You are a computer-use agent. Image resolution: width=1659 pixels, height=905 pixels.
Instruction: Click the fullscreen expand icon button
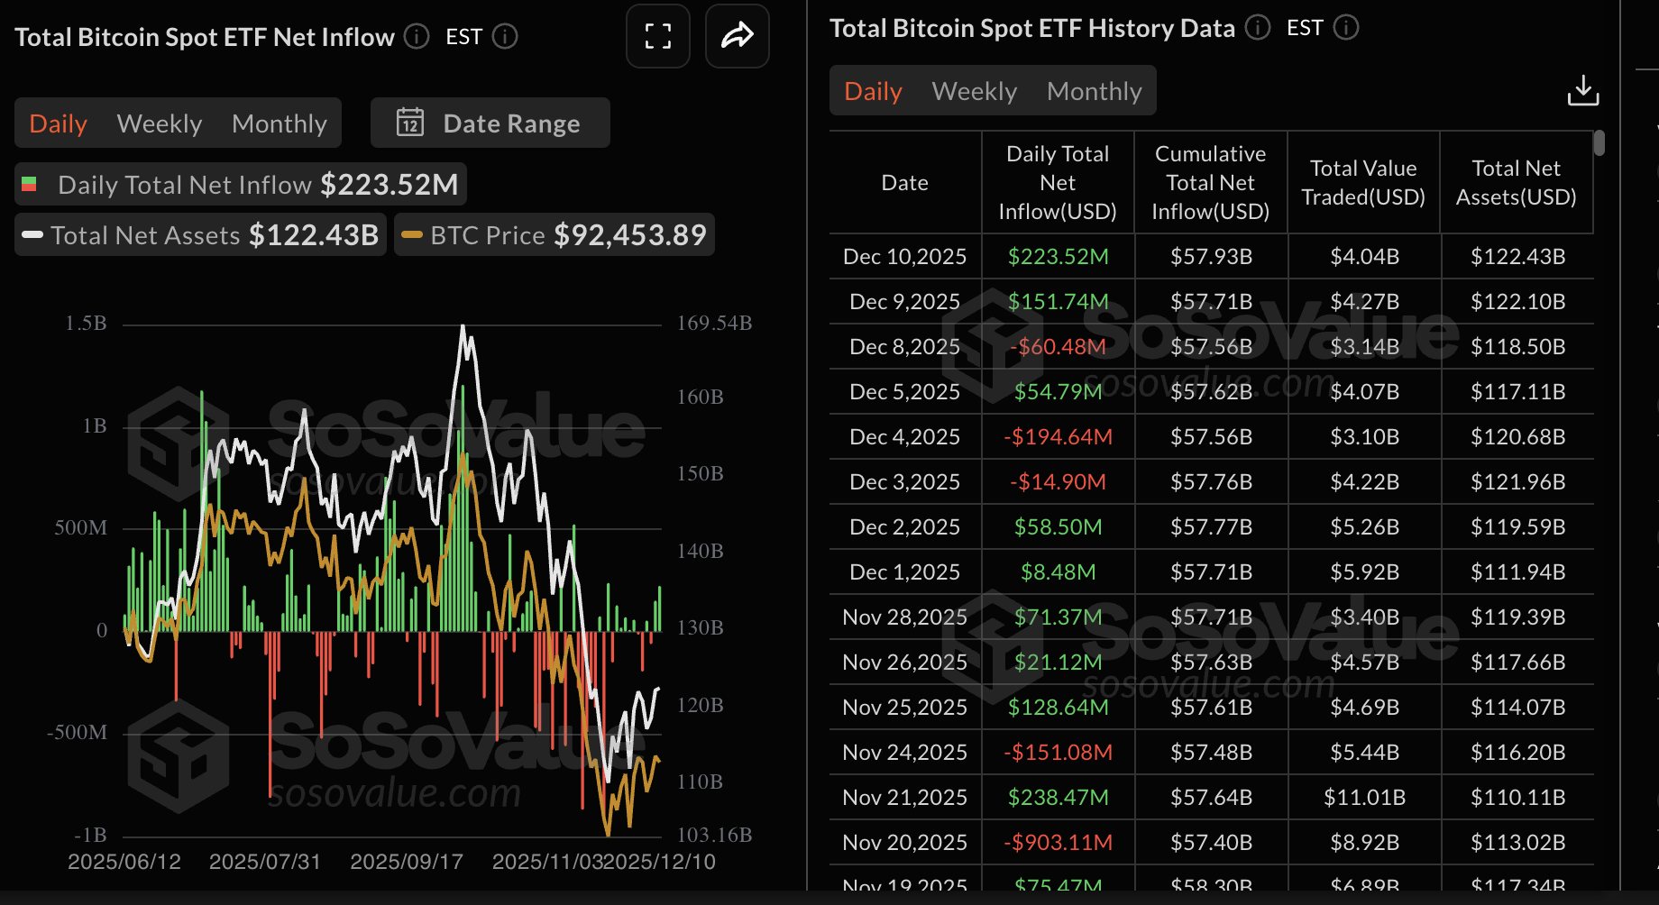(658, 36)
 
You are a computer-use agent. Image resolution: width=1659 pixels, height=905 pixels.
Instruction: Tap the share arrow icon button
(737, 36)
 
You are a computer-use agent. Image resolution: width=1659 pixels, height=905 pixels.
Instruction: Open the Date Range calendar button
(490, 123)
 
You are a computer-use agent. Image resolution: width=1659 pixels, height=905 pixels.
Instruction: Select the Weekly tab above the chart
(160, 123)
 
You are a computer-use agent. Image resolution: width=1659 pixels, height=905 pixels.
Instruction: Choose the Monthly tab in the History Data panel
(1094, 91)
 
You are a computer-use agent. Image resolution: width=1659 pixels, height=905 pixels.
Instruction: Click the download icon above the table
(1582, 91)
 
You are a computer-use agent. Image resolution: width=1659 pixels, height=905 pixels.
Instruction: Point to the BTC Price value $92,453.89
(629, 235)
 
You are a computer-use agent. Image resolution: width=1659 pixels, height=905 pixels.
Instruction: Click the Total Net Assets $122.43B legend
(201, 235)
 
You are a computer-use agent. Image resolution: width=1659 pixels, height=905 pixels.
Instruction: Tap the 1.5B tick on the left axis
(86, 323)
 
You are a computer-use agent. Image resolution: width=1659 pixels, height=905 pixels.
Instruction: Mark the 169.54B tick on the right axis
(714, 323)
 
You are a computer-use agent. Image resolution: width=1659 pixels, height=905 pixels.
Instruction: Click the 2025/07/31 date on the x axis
(264, 862)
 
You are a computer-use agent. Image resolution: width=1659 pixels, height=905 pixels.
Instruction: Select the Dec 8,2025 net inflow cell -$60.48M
(1058, 347)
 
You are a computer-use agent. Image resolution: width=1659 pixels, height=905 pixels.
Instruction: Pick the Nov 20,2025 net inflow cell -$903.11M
(1058, 843)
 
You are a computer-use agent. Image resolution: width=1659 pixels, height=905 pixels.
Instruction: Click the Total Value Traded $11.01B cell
(1363, 798)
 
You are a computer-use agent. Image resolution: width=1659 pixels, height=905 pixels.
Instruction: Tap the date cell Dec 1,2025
(904, 572)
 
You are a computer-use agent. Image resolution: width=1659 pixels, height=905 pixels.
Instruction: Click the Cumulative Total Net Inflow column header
(1210, 183)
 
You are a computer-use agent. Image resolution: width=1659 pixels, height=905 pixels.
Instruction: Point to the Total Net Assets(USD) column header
(1516, 183)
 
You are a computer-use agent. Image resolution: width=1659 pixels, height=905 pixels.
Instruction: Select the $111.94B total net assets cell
(1517, 572)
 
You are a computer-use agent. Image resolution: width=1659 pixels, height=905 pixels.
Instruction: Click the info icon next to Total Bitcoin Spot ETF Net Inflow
(416, 36)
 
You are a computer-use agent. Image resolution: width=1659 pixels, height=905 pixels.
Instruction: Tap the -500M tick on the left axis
(78, 732)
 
